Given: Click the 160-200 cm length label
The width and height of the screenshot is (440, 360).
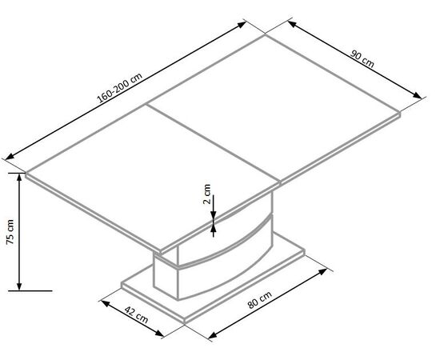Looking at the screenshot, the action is tap(120, 87).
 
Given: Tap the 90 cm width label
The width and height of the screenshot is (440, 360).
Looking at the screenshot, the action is tap(362, 59).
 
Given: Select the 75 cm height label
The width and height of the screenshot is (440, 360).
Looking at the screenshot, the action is tap(10, 232).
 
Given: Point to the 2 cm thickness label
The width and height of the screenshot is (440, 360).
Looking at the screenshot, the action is tap(207, 194).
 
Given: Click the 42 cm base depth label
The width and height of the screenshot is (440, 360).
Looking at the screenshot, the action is tap(136, 315).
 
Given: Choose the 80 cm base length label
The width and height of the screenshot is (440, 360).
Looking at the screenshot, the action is tap(259, 300).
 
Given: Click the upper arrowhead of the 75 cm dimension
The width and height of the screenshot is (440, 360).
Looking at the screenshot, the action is tap(19, 177).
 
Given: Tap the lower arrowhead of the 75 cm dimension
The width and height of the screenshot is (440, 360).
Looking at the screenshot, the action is tap(19, 286).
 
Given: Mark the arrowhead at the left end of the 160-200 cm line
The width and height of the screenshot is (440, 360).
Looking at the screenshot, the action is tap(10, 156).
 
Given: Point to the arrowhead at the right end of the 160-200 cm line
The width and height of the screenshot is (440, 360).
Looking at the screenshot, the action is tap(242, 25).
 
